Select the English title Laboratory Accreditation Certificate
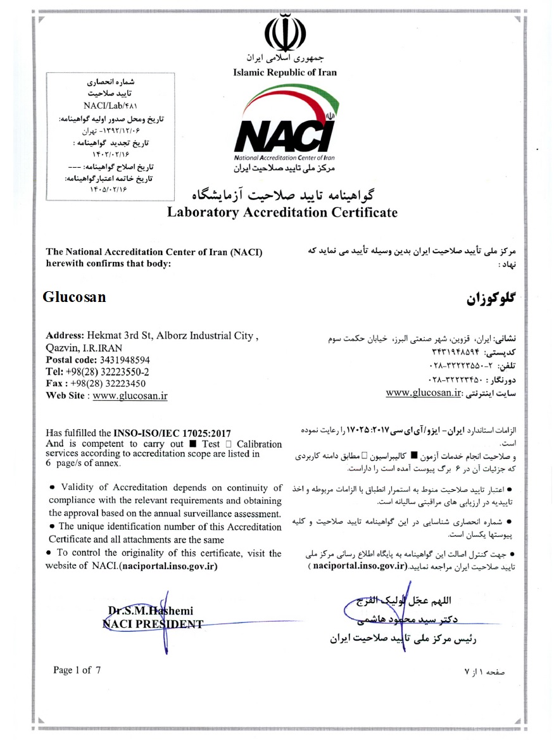click(282, 212)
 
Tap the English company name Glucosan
click(74, 297)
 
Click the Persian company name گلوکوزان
click(491, 299)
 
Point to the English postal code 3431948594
click(120, 360)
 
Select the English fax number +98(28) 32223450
click(106, 384)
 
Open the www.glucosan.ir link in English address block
click(130, 396)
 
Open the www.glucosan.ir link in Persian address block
click(422, 392)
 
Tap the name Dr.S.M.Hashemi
click(151, 611)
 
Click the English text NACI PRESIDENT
click(153, 624)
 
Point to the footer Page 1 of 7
click(77, 670)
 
